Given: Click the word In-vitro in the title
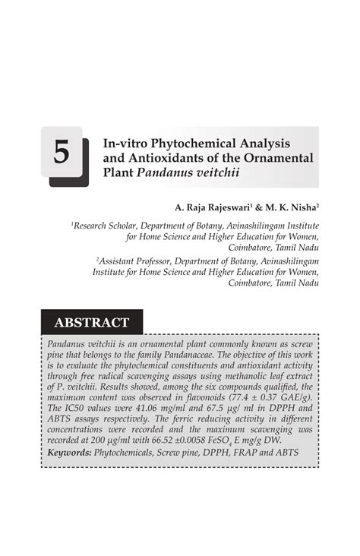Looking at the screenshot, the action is click(124, 142).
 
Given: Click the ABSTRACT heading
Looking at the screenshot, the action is click(91, 323).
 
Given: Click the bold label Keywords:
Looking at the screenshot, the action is click(69, 453).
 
